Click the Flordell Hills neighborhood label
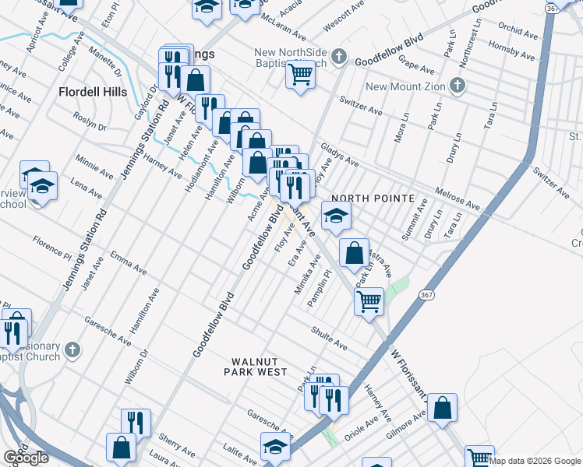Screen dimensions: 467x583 92,92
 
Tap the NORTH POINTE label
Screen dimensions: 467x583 373,198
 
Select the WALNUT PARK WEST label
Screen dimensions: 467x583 260,367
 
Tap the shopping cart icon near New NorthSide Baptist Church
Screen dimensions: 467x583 299,75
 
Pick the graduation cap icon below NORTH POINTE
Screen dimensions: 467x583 336,216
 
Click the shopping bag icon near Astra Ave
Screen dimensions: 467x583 354,252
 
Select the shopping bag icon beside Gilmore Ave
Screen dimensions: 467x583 442,407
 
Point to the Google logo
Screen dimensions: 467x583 26,458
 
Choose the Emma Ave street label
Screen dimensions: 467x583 129,262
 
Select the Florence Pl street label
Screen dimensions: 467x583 52,247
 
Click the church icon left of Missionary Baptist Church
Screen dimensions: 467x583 72,349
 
